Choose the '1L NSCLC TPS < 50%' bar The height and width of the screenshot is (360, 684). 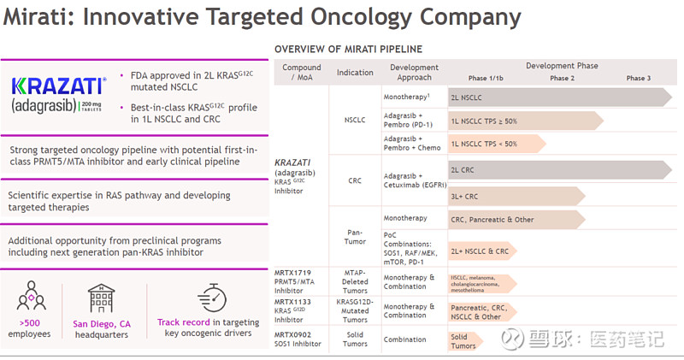click(x=496, y=144)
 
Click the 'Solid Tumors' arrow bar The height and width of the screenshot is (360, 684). click(x=467, y=341)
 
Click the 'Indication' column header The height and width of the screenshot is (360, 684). click(x=355, y=73)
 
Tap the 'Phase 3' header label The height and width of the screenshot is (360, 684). click(x=638, y=78)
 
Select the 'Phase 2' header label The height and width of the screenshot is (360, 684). click(x=562, y=78)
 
